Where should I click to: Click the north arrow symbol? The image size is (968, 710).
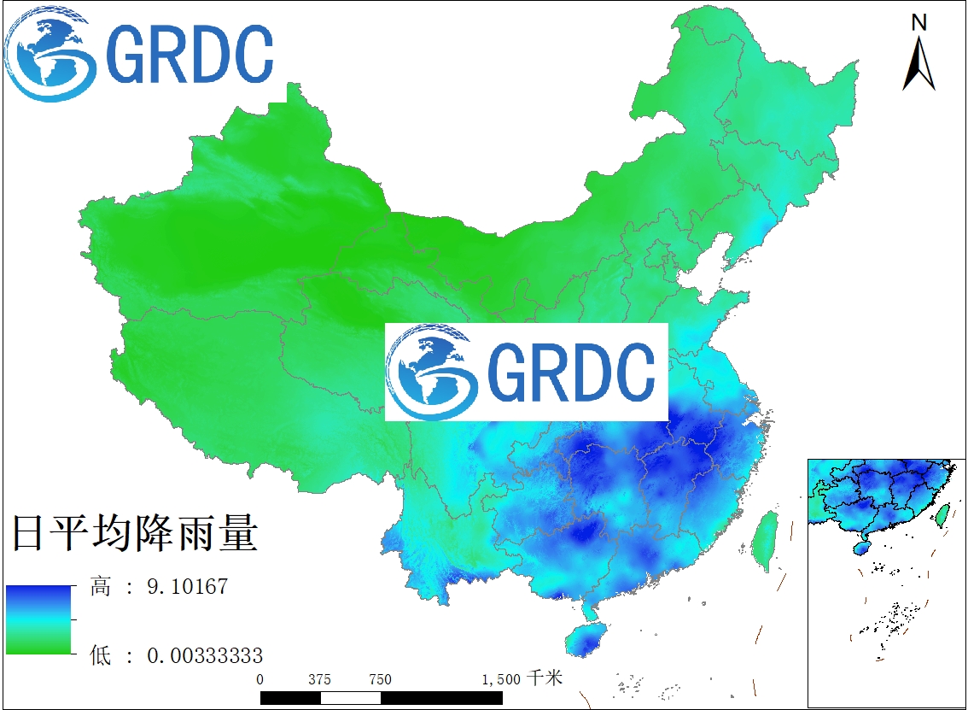918,63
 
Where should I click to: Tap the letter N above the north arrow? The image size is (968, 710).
919,22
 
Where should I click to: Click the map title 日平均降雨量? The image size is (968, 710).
134,534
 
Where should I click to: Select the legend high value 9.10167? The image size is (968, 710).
187,587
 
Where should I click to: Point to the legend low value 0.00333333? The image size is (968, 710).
205,656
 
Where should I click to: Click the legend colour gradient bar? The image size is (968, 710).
39,619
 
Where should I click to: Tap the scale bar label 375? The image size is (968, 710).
319,679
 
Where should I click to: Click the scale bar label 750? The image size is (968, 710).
380,679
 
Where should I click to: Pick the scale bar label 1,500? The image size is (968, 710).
500,679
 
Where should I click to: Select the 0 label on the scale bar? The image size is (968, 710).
260,679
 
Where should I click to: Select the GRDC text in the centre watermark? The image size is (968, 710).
571,373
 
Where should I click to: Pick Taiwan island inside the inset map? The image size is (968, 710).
943,515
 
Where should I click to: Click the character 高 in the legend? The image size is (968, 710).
101,587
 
